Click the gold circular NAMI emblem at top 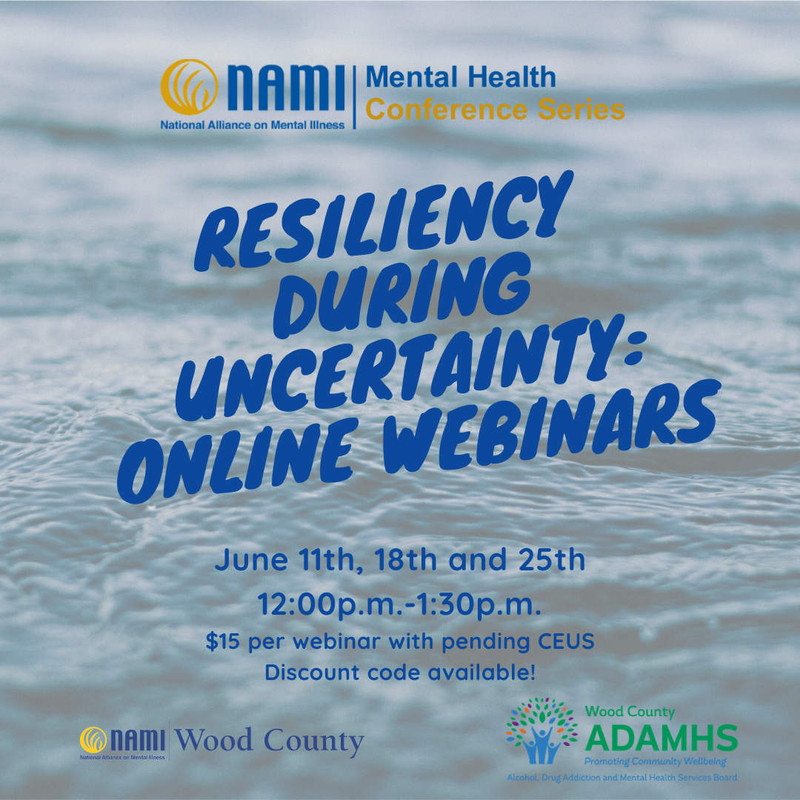pos(190,87)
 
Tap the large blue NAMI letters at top pos(286,87)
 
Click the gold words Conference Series pos(496,110)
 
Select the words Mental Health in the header pos(461,77)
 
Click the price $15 pos(222,641)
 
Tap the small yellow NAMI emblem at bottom pos(93,740)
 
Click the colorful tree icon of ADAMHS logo pos(541,730)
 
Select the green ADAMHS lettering pos(661,739)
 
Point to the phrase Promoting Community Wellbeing pos(655,762)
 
